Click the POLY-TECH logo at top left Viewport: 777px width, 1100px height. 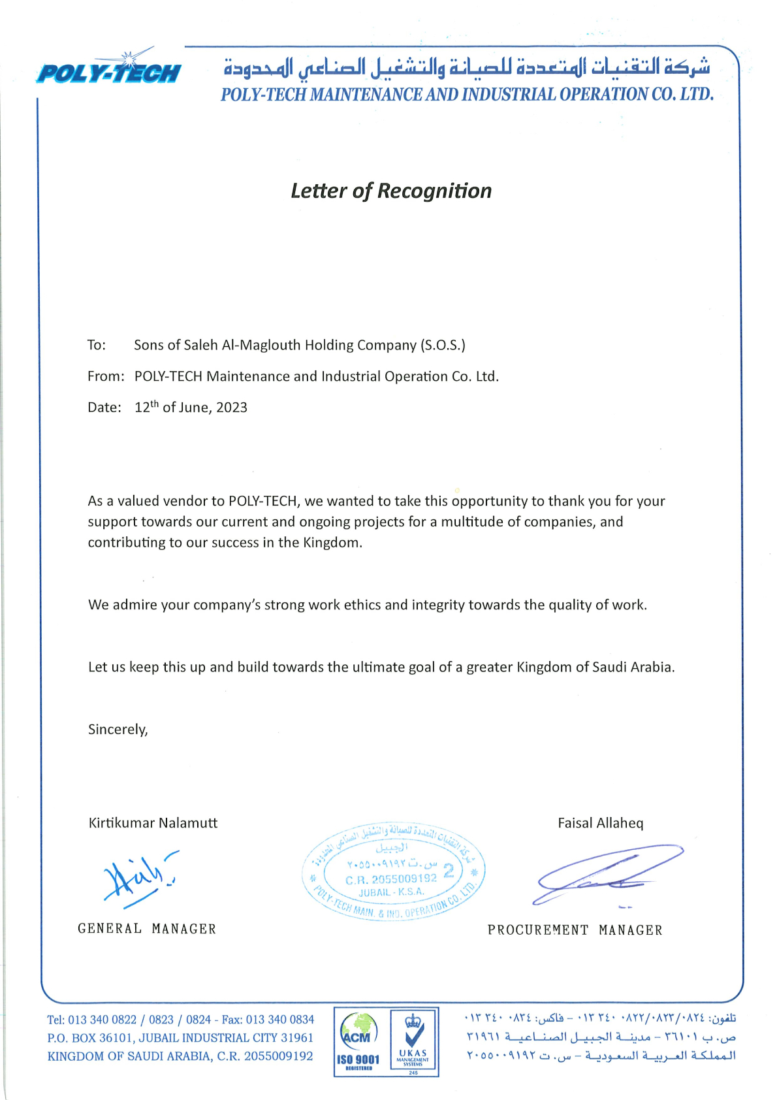(x=108, y=70)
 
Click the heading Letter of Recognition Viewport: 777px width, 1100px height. (x=391, y=191)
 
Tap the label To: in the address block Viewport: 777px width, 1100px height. (x=97, y=345)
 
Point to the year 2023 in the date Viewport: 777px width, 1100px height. (x=232, y=408)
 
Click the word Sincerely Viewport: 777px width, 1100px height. (x=118, y=729)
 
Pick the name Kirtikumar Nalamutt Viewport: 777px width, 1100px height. (x=153, y=823)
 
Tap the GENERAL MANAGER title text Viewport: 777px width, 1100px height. (x=147, y=929)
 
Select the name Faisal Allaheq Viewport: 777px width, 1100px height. (x=600, y=823)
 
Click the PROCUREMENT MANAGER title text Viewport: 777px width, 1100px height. (x=575, y=930)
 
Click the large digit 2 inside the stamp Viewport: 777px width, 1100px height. (x=449, y=870)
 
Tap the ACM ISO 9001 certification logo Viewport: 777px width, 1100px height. (x=358, y=1041)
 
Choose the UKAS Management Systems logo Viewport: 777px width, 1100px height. (x=413, y=1041)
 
